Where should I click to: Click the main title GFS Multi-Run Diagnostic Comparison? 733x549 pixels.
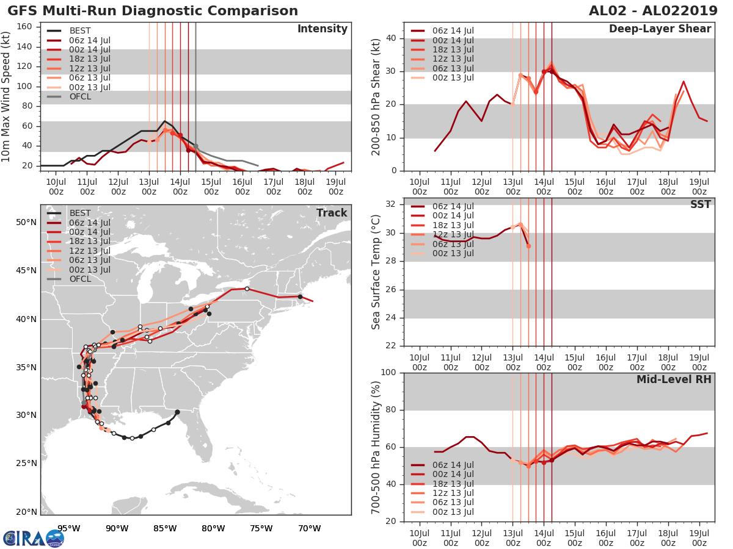[x=153, y=11]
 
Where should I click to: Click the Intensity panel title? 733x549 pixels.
[x=322, y=29]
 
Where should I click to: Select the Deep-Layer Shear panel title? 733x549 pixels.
[x=660, y=29]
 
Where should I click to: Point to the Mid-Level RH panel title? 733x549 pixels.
[x=673, y=380]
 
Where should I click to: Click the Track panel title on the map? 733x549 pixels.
[x=331, y=213]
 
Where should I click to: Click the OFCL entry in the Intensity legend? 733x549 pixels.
[x=82, y=96]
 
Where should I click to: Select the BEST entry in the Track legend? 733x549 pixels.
[x=80, y=213]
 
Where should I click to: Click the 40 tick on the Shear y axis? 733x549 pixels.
[x=392, y=38]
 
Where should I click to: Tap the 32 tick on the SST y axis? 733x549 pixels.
[x=392, y=204]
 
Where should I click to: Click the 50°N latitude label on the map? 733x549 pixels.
[x=26, y=222]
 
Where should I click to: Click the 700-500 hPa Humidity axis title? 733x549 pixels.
[x=376, y=447]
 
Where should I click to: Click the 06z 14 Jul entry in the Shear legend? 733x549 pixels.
[x=452, y=30]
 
